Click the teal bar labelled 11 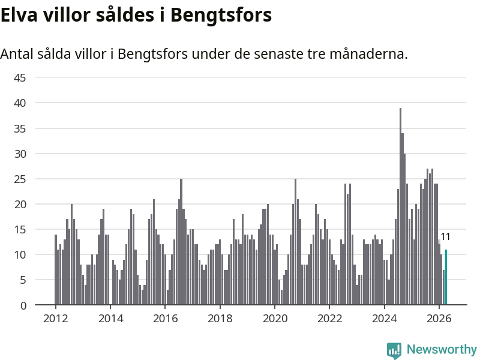(446, 277)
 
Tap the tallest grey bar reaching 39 (400, 206)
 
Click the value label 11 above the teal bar (445, 236)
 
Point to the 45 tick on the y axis (20, 78)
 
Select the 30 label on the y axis (20, 154)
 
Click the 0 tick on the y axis (23, 305)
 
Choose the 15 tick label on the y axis (20, 229)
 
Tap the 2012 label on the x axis (55, 319)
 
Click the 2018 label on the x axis (220, 319)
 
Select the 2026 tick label (439, 319)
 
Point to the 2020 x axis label (275, 319)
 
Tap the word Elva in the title (19, 14)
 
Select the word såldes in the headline (125, 14)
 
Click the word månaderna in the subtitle (368, 53)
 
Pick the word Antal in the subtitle (17, 54)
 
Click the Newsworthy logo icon (394, 350)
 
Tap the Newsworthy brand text (442, 349)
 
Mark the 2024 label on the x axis (384, 319)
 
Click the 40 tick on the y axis (20, 103)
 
